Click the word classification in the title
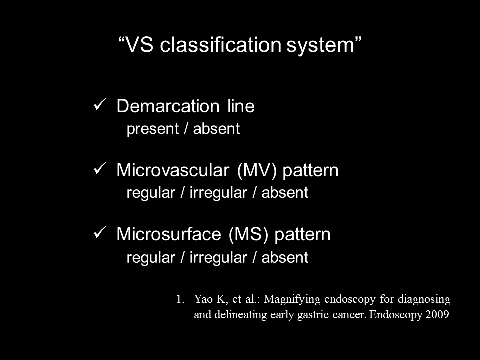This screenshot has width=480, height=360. (220, 45)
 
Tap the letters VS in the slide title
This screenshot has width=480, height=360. (139, 45)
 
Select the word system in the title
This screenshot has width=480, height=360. (320, 46)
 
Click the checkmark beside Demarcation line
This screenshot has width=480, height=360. (100, 104)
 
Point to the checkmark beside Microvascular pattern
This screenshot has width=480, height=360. (100, 168)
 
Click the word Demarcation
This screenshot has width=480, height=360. (168, 106)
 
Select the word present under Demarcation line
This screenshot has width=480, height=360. (153, 129)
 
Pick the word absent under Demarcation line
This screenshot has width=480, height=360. (216, 128)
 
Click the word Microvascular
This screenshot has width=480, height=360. (173, 170)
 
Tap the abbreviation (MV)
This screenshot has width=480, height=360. (257, 171)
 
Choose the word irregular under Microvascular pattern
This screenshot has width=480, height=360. (218, 193)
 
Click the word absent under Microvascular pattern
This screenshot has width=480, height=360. (285, 192)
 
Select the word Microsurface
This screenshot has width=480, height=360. (169, 234)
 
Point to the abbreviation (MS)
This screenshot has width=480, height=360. (248, 235)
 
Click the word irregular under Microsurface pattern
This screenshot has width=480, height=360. (218, 258)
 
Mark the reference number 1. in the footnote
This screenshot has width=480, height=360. (180, 299)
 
